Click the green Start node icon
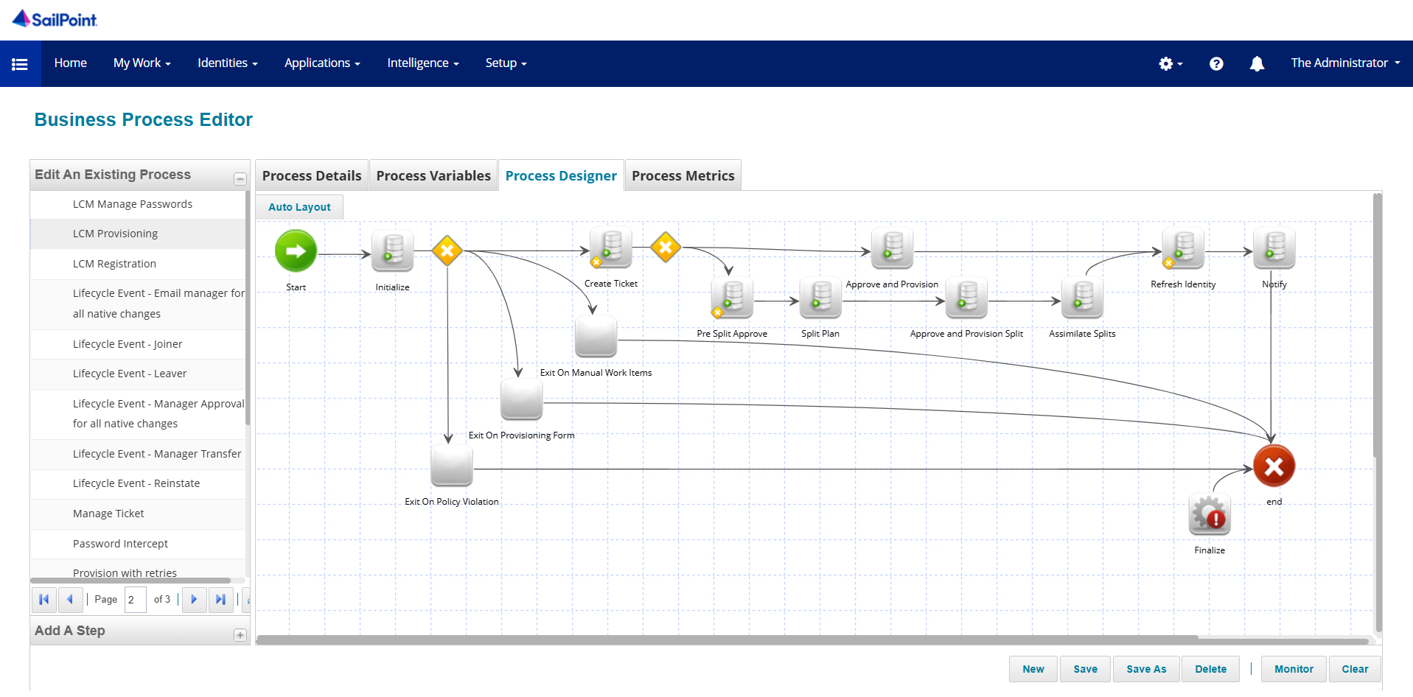pos(296,251)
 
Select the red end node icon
pos(1274,466)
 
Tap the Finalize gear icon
pos(1210,514)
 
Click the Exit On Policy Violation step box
pos(451,466)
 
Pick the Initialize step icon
pos(392,251)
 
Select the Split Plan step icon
pos(820,298)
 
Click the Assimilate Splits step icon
pos(1082,298)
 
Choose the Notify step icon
pos(1274,248)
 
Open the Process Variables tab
pos(433,176)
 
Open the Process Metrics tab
pos(683,176)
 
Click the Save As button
pos(1146,669)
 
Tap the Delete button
pos(1210,669)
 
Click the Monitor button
pos(1294,669)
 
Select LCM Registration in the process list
pos(114,264)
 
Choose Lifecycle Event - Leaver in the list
pos(130,374)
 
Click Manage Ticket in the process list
pos(108,514)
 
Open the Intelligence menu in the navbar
pos(422,63)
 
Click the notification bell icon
pos(1257,64)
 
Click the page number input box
pos(135,600)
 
